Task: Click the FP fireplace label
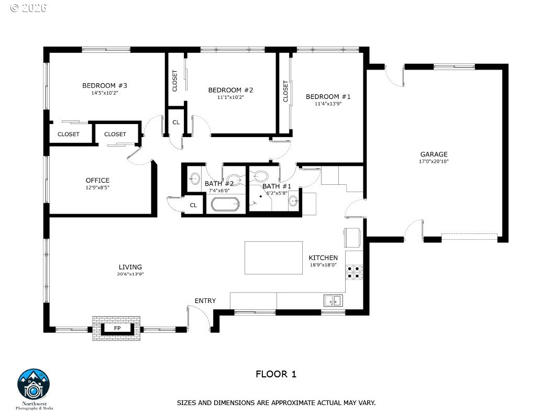117,328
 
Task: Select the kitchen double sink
333,300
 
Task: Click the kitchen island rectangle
273,258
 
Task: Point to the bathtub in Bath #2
225,204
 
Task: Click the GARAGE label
434,154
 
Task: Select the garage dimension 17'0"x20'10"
434,161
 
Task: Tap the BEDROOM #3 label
105,85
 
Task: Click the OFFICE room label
97,180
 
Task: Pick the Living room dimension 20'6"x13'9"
130,274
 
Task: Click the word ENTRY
205,301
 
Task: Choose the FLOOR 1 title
276,374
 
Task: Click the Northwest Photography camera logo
34,385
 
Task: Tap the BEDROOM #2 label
230,90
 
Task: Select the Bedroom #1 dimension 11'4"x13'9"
328,104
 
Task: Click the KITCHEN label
323,258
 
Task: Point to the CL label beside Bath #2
193,205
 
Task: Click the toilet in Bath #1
260,175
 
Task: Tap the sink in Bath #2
194,178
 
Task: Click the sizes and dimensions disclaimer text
276,402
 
